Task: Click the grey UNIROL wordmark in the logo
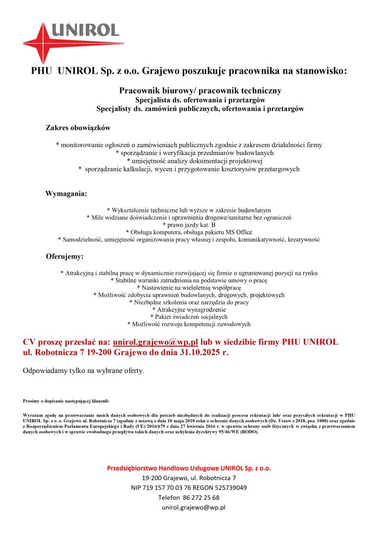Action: click(84, 31)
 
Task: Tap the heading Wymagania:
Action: click(66, 194)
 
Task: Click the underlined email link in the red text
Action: click(156, 342)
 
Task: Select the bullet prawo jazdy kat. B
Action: click(189, 224)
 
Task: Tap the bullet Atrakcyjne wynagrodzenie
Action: click(189, 310)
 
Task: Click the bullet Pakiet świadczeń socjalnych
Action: click(189, 317)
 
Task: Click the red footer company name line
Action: click(189, 468)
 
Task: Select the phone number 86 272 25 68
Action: click(202, 497)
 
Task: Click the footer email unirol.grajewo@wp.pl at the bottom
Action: click(194, 507)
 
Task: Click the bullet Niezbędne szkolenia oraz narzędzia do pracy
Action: click(189, 302)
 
